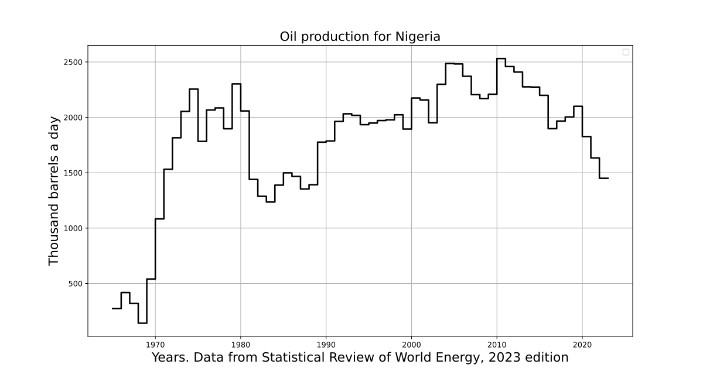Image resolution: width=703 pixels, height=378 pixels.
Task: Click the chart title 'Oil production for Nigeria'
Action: [x=360, y=36]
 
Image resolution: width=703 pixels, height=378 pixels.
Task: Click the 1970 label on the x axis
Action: [x=155, y=345]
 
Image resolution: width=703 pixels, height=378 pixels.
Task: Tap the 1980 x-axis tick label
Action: [x=240, y=345]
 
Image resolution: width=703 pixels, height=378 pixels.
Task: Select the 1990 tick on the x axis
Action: [x=326, y=345]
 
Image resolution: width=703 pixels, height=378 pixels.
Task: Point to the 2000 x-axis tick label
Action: [x=411, y=345]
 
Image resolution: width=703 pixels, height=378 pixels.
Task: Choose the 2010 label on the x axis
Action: [x=497, y=345]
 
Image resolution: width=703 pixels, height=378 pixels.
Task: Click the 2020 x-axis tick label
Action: [x=582, y=345]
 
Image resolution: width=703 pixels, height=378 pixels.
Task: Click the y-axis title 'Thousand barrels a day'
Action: [x=54, y=190]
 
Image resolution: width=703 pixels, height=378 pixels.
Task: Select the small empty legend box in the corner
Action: [x=626, y=52]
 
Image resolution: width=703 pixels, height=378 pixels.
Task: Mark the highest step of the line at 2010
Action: [x=501, y=59]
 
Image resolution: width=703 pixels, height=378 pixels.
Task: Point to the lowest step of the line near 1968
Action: [x=142, y=323]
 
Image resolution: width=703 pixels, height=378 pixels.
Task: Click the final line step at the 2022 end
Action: [x=604, y=178]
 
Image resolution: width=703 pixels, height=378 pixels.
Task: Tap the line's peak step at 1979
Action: [x=236, y=84]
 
